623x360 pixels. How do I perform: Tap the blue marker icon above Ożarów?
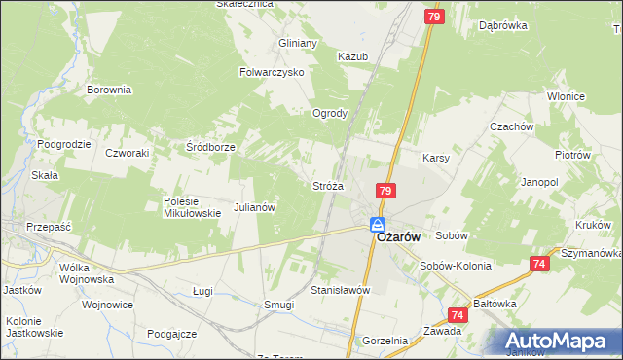tap(377, 226)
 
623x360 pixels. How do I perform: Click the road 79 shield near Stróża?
tap(386, 192)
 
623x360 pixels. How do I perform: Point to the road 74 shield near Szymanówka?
tap(539, 264)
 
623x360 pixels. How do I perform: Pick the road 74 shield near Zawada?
tap(458, 315)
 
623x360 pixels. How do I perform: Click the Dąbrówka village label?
tap(502, 26)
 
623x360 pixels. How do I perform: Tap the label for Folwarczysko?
tap(273, 72)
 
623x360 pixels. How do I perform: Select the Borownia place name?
tap(109, 90)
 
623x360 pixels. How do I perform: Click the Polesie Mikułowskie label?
tap(193, 207)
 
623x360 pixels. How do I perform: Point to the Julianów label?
tap(256, 207)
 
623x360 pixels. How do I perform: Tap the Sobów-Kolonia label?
tap(453, 266)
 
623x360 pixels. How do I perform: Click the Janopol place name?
tap(539, 182)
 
